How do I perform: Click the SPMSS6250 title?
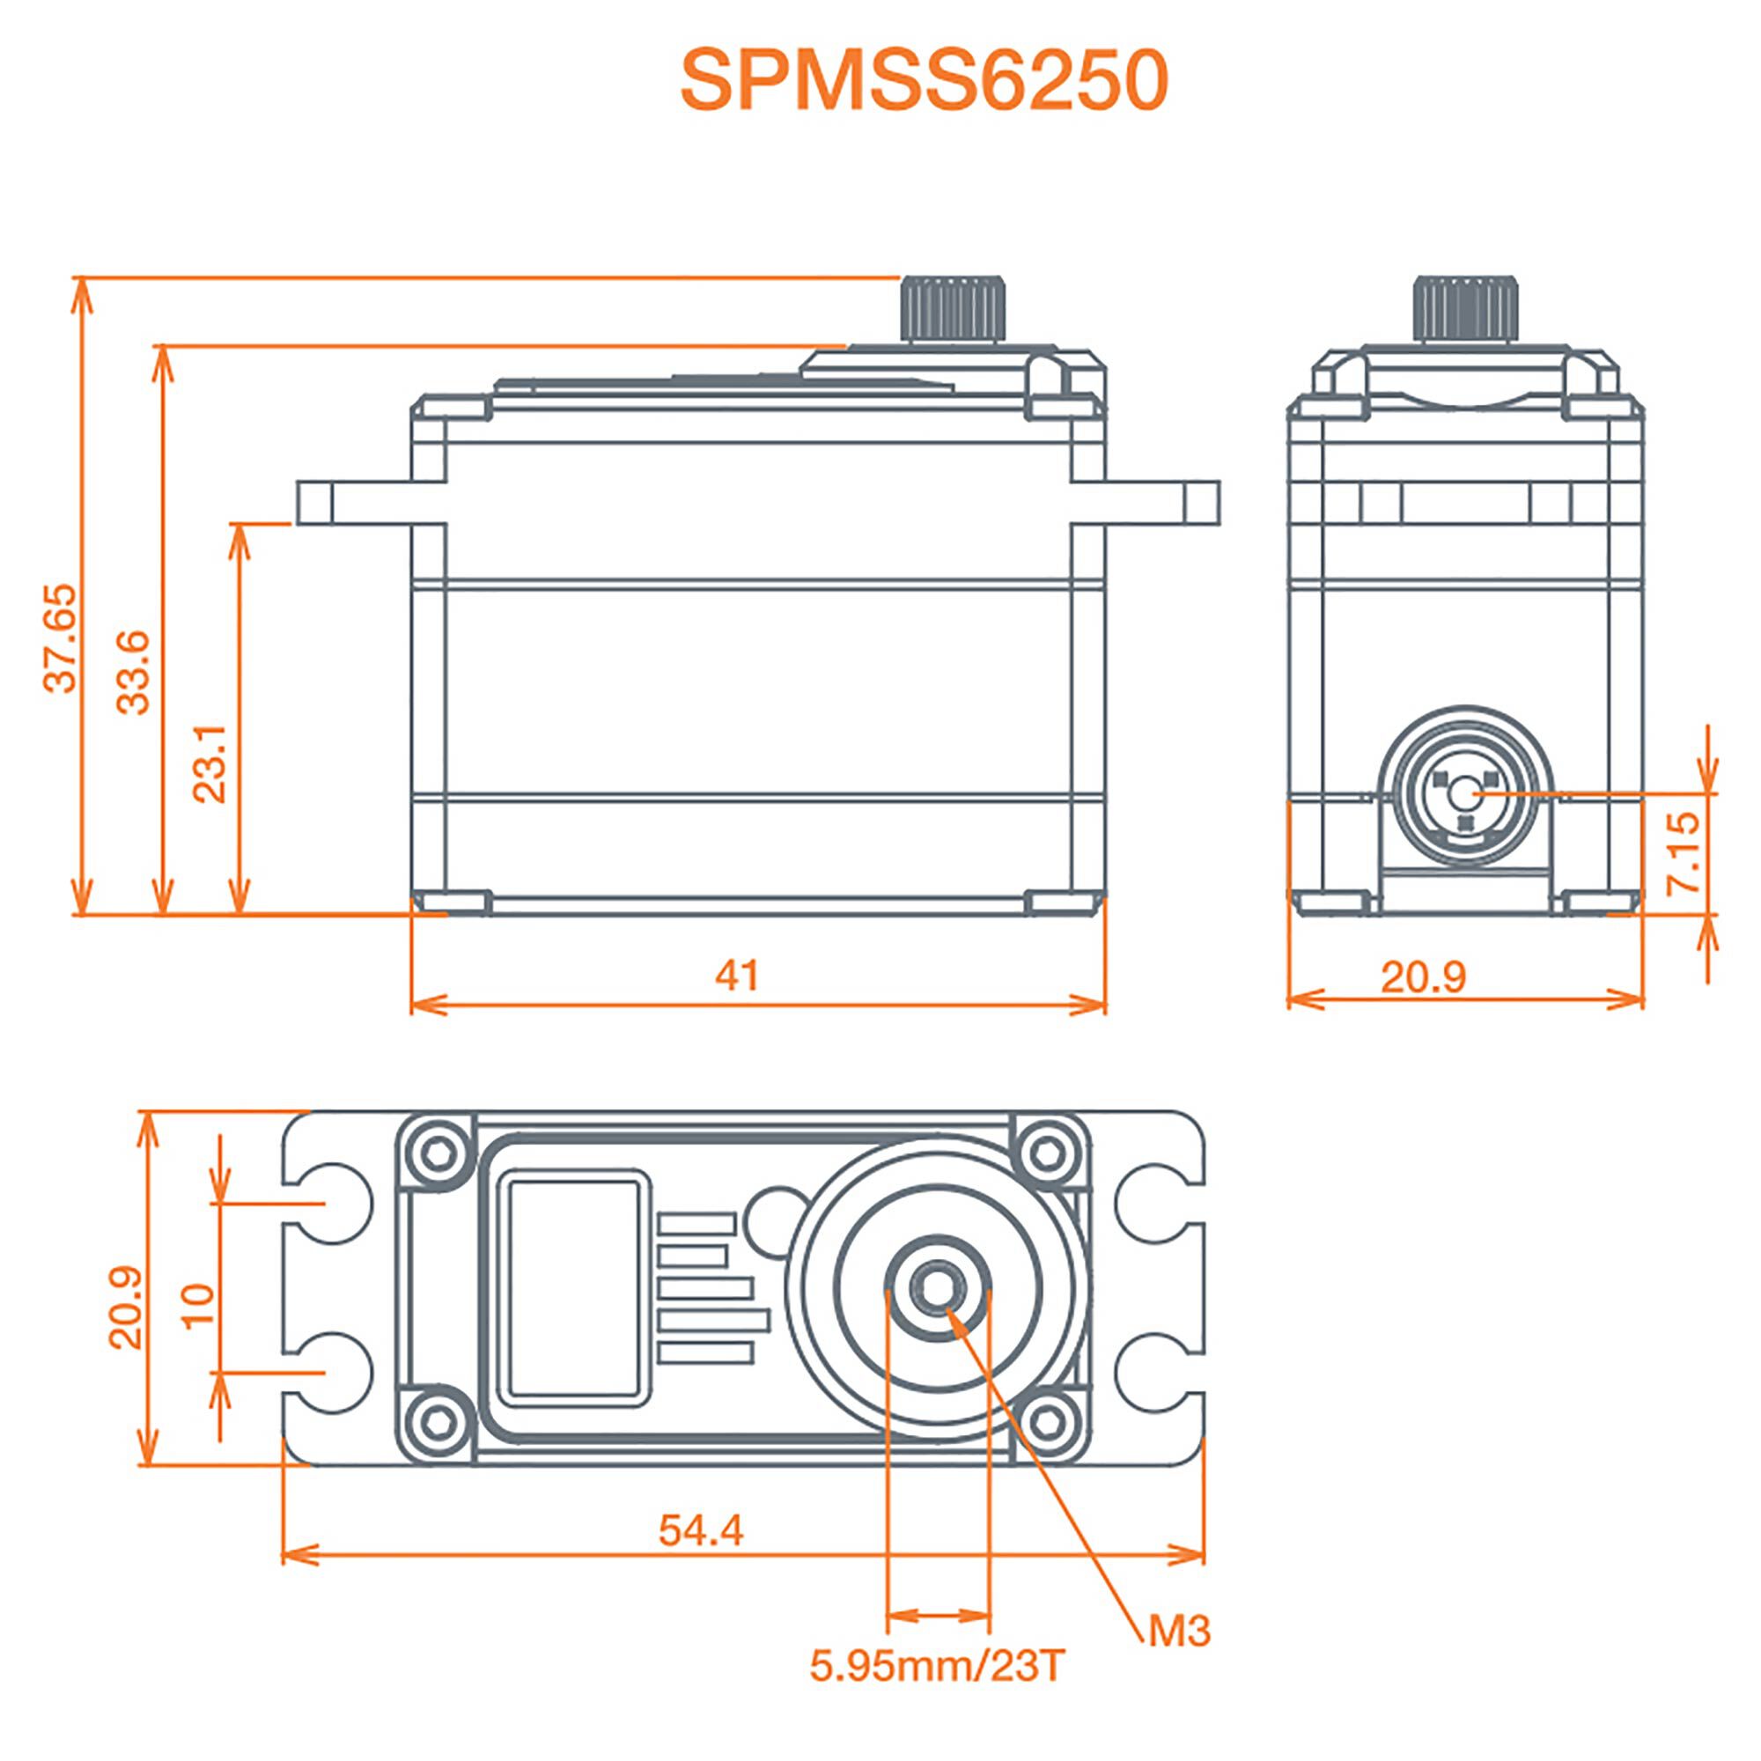pos(924,82)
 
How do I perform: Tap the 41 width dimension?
pos(736,976)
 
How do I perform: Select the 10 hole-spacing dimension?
pos(199,1306)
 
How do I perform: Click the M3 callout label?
pos(1179,1631)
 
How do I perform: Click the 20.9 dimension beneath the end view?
pos(1423,977)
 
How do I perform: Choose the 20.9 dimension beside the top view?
pos(126,1306)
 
